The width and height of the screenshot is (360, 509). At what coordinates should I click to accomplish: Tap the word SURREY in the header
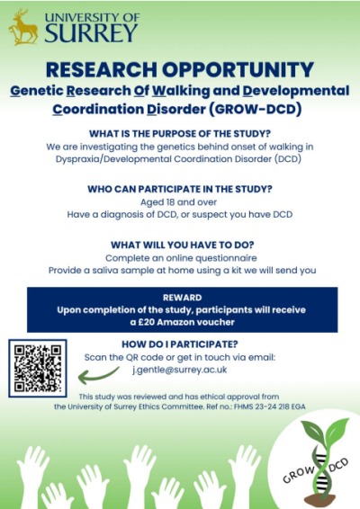click(93, 33)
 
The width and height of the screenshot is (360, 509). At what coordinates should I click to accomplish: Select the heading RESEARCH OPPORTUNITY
click(179, 69)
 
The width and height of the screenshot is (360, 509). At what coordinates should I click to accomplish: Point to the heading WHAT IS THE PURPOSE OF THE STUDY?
click(180, 131)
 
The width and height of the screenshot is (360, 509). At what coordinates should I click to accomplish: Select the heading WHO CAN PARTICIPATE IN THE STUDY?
click(180, 189)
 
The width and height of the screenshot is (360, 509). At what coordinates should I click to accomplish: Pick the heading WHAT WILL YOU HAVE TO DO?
click(180, 246)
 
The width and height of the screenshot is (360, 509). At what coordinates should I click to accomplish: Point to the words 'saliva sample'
click(134, 271)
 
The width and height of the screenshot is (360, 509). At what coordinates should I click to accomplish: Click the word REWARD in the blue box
click(180, 297)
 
